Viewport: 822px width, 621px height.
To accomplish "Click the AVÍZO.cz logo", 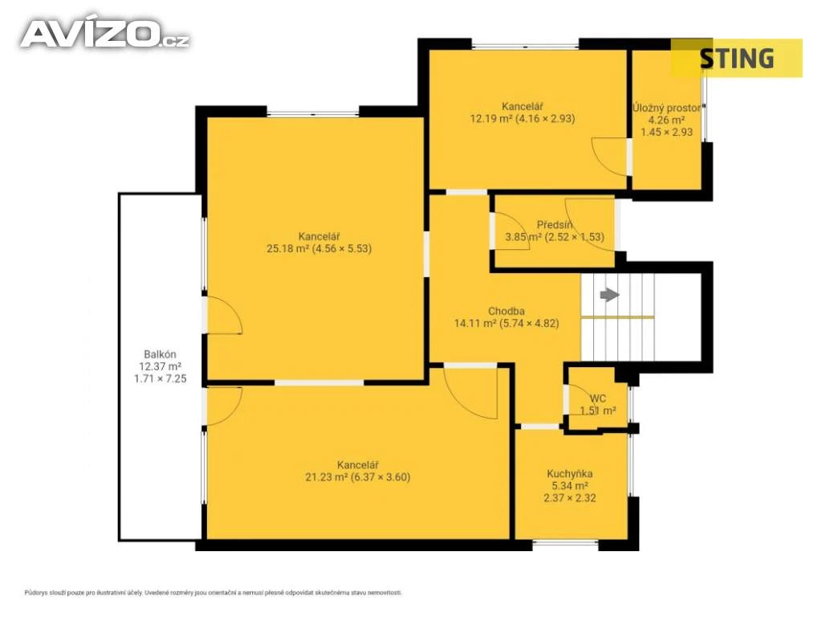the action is (x=105, y=34).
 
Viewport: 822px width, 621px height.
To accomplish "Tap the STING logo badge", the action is (x=737, y=58).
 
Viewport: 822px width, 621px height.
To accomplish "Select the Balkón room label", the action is (x=160, y=354).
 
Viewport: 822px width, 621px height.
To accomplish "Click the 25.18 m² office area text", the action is (x=319, y=248).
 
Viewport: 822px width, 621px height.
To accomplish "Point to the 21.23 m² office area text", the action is (x=357, y=477).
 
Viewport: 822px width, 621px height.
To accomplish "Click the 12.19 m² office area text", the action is (x=522, y=119).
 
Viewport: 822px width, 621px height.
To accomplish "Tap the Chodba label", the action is (x=507, y=311).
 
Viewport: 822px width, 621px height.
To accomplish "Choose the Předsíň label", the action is (x=554, y=225).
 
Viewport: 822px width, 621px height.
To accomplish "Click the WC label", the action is (x=597, y=398).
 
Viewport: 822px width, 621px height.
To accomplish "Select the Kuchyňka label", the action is (x=570, y=474).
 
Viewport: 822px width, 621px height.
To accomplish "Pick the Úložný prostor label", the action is (x=667, y=108).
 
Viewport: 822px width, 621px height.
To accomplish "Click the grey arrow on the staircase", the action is (x=609, y=295).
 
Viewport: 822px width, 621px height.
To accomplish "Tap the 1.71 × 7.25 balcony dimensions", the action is (x=160, y=378).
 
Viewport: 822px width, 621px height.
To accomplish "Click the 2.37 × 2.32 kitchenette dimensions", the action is (x=570, y=498).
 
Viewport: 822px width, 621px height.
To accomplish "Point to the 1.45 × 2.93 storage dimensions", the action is (x=667, y=133).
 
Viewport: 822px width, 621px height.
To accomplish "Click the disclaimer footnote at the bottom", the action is (x=214, y=593).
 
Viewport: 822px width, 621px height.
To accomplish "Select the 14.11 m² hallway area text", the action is (x=507, y=324).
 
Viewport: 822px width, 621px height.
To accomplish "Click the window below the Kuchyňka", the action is (x=565, y=544).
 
